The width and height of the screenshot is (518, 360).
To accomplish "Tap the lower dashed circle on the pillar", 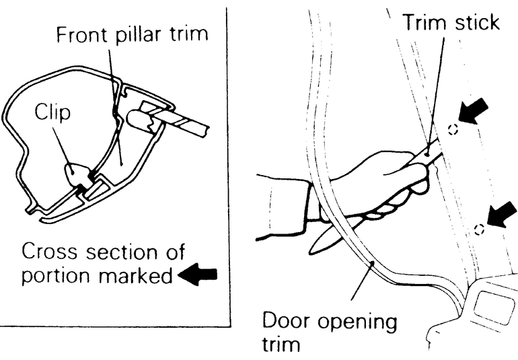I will (479, 229).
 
